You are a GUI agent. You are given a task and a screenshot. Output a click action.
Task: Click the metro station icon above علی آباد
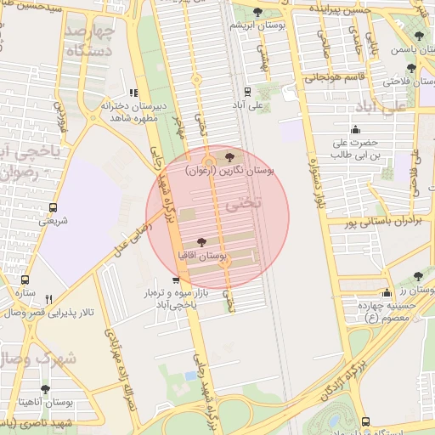point(247,91)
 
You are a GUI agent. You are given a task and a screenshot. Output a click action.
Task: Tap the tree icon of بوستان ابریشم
point(258,12)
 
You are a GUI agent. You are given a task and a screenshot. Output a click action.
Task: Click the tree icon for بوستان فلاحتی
point(412,68)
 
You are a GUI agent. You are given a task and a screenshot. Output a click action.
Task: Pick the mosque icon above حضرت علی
point(354,130)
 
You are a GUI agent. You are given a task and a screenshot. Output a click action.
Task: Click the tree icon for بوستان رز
point(417,276)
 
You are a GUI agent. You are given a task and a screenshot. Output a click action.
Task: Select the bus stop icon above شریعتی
point(54,207)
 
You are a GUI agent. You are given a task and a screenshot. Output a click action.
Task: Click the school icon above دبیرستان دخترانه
point(133,93)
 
